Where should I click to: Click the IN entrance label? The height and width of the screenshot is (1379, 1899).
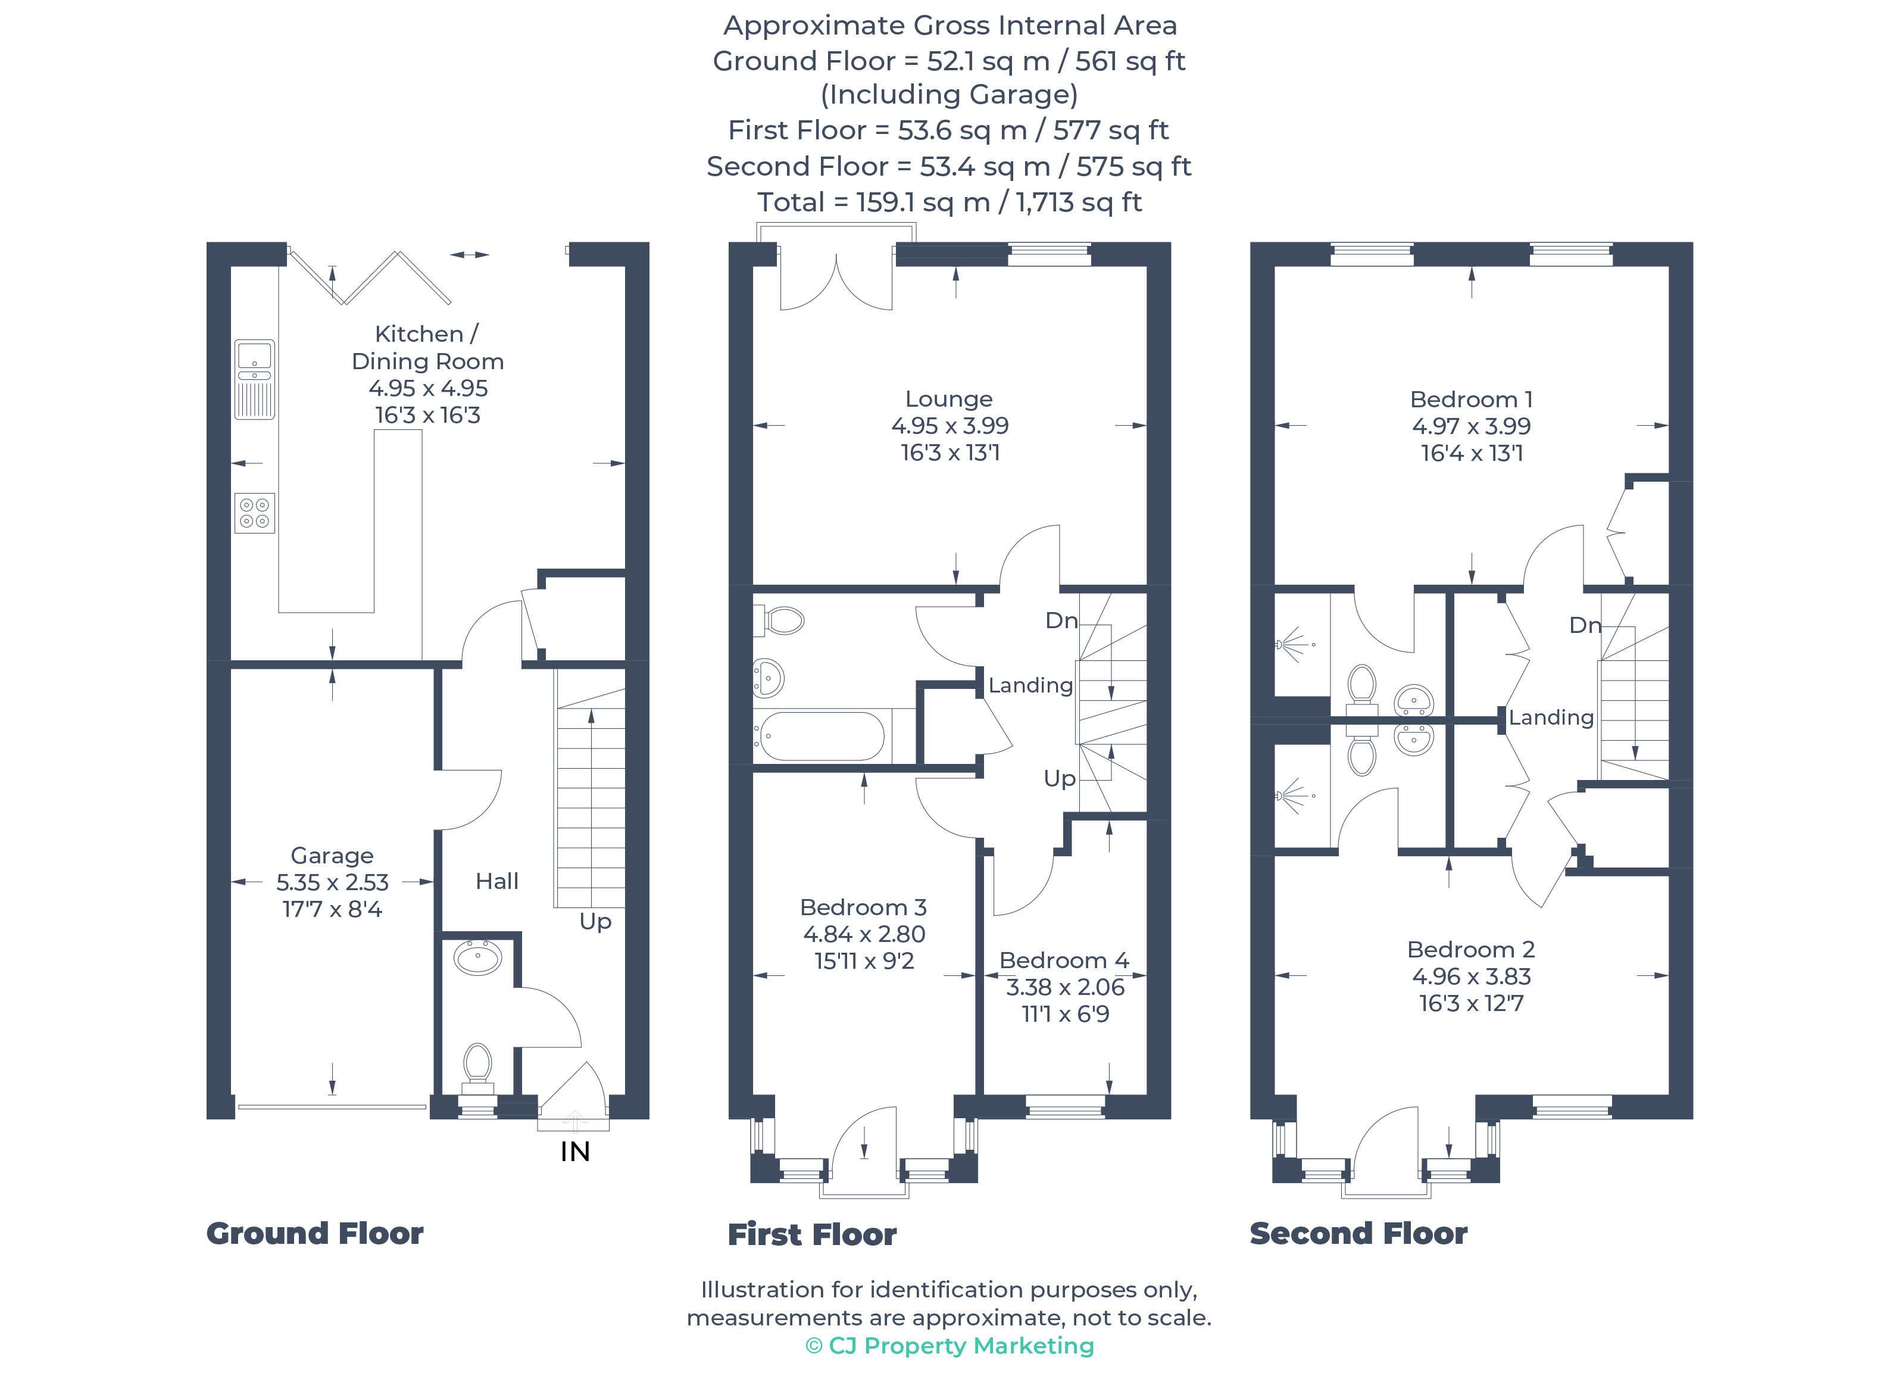(x=574, y=1152)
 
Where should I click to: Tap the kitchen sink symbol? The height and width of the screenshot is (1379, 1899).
(x=255, y=379)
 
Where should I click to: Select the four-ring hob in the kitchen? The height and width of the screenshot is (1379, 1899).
(x=255, y=513)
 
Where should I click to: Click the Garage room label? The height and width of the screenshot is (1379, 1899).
(x=332, y=856)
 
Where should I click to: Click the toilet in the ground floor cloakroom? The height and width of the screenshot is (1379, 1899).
(x=477, y=1066)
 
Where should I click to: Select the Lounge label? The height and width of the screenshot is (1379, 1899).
(x=949, y=400)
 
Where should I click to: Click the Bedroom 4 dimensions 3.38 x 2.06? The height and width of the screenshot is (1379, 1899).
(x=1065, y=987)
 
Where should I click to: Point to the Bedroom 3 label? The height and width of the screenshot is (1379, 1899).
(x=863, y=907)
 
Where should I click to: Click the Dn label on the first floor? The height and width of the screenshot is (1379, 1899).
(x=1061, y=620)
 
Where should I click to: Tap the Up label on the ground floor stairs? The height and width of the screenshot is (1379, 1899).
(x=595, y=921)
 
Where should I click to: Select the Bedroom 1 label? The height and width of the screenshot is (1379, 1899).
(x=1471, y=400)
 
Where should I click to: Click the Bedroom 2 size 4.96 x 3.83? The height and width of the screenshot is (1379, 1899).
(x=1471, y=976)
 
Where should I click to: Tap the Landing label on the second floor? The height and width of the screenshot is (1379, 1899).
(x=1551, y=717)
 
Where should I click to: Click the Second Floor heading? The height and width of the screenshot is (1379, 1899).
(x=1358, y=1233)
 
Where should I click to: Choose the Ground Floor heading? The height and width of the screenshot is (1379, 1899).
(x=315, y=1233)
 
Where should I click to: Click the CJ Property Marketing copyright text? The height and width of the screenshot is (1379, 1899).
(x=949, y=1346)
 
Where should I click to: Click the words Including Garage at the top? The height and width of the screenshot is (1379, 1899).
(x=949, y=95)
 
